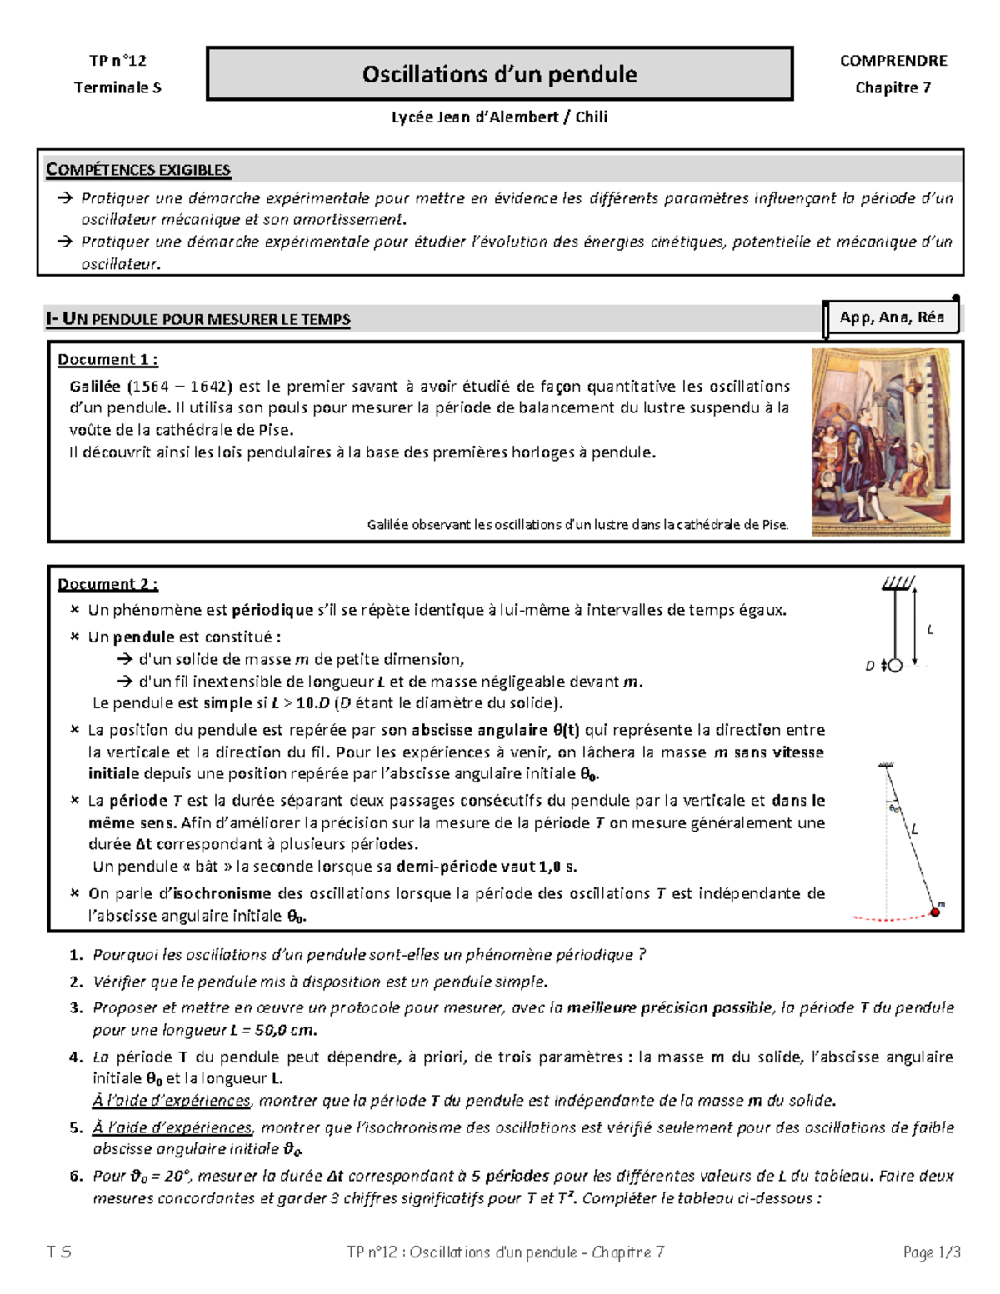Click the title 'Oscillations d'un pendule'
(x=499, y=74)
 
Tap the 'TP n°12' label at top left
(x=117, y=60)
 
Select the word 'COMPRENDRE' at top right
(x=892, y=60)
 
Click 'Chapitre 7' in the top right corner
(x=892, y=87)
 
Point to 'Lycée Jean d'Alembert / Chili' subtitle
(x=499, y=117)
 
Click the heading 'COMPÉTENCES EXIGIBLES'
(x=138, y=170)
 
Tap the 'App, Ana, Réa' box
(x=892, y=317)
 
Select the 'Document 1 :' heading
(x=107, y=360)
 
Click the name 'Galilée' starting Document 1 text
(x=95, y=387)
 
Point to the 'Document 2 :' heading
(x=107, y=584)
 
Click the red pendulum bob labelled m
(x=935, y=912)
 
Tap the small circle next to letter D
(x=895, y=666)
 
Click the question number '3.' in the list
(x=77, y=1007)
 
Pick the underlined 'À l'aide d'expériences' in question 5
(x=172, y=1127)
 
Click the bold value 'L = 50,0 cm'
(x=273, y=1030)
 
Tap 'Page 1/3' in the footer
(x=932, y=1252)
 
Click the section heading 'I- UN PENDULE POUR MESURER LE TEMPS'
(x=198, y=319)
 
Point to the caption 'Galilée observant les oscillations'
(x=577, y=525)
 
